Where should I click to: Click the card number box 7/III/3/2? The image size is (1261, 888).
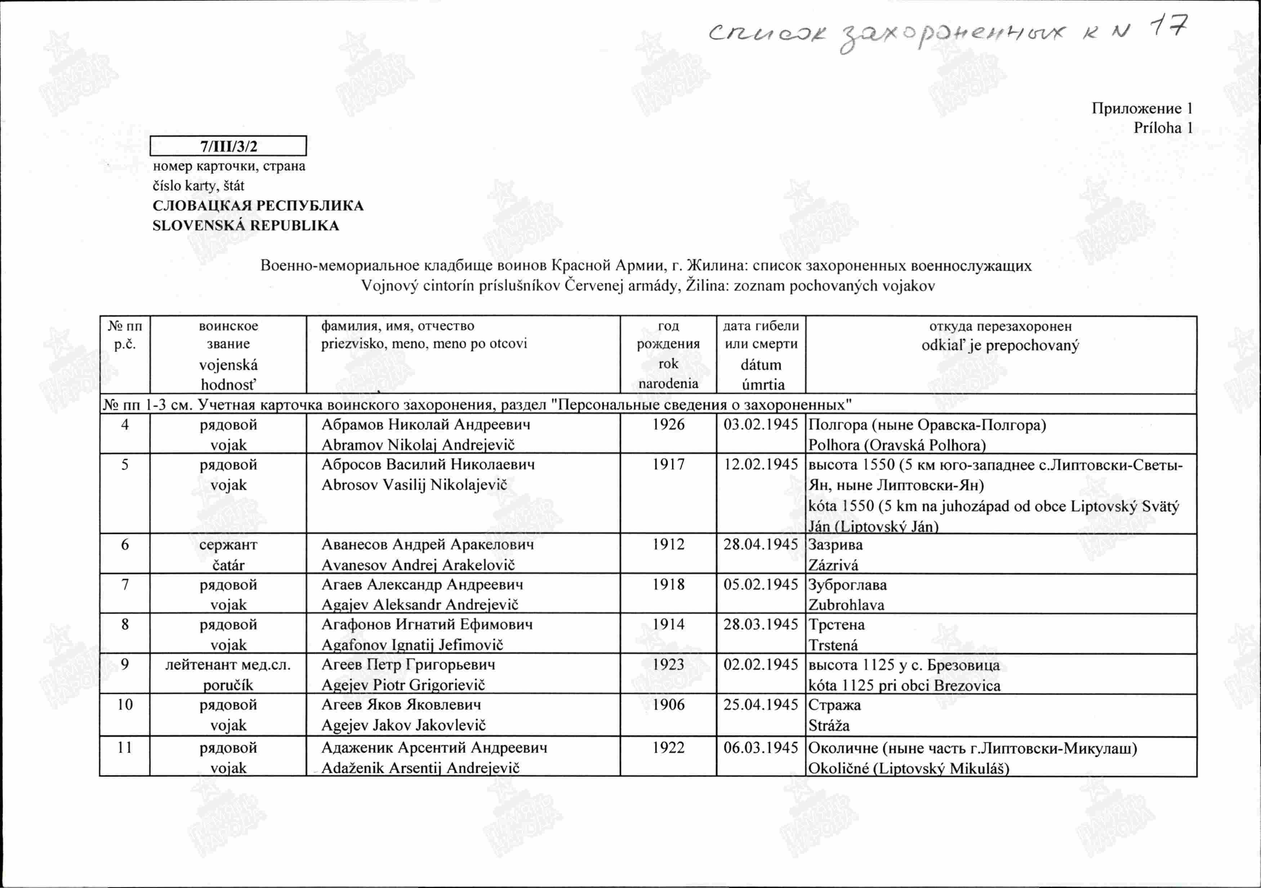pyautogui.click(x=228, y=146)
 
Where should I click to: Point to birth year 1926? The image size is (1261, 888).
pyautogui.click(x=668, y=425)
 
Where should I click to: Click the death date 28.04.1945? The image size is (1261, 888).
pyautogui.click(x=760, y=544)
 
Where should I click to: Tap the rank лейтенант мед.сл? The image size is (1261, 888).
pyautogui.click(x=228, y=665)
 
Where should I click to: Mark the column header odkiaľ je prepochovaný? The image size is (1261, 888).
pyautogui.click(x=1000, y=346)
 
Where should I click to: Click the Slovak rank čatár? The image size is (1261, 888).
pyautogui.click(x=228, y=565)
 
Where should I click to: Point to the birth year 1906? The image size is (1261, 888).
pyautogui.click(x=668, y=705)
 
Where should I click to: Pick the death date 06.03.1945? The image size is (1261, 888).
pyautogui.click(x=760, y=748)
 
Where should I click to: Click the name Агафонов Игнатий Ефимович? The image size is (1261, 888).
pyautogui.click(x=427, y=625)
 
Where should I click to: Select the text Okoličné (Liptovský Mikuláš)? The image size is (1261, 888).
pyautogui.click(x=908, y=768)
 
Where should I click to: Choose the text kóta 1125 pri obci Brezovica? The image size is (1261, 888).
pyautogui.click(x=904, y=685)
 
